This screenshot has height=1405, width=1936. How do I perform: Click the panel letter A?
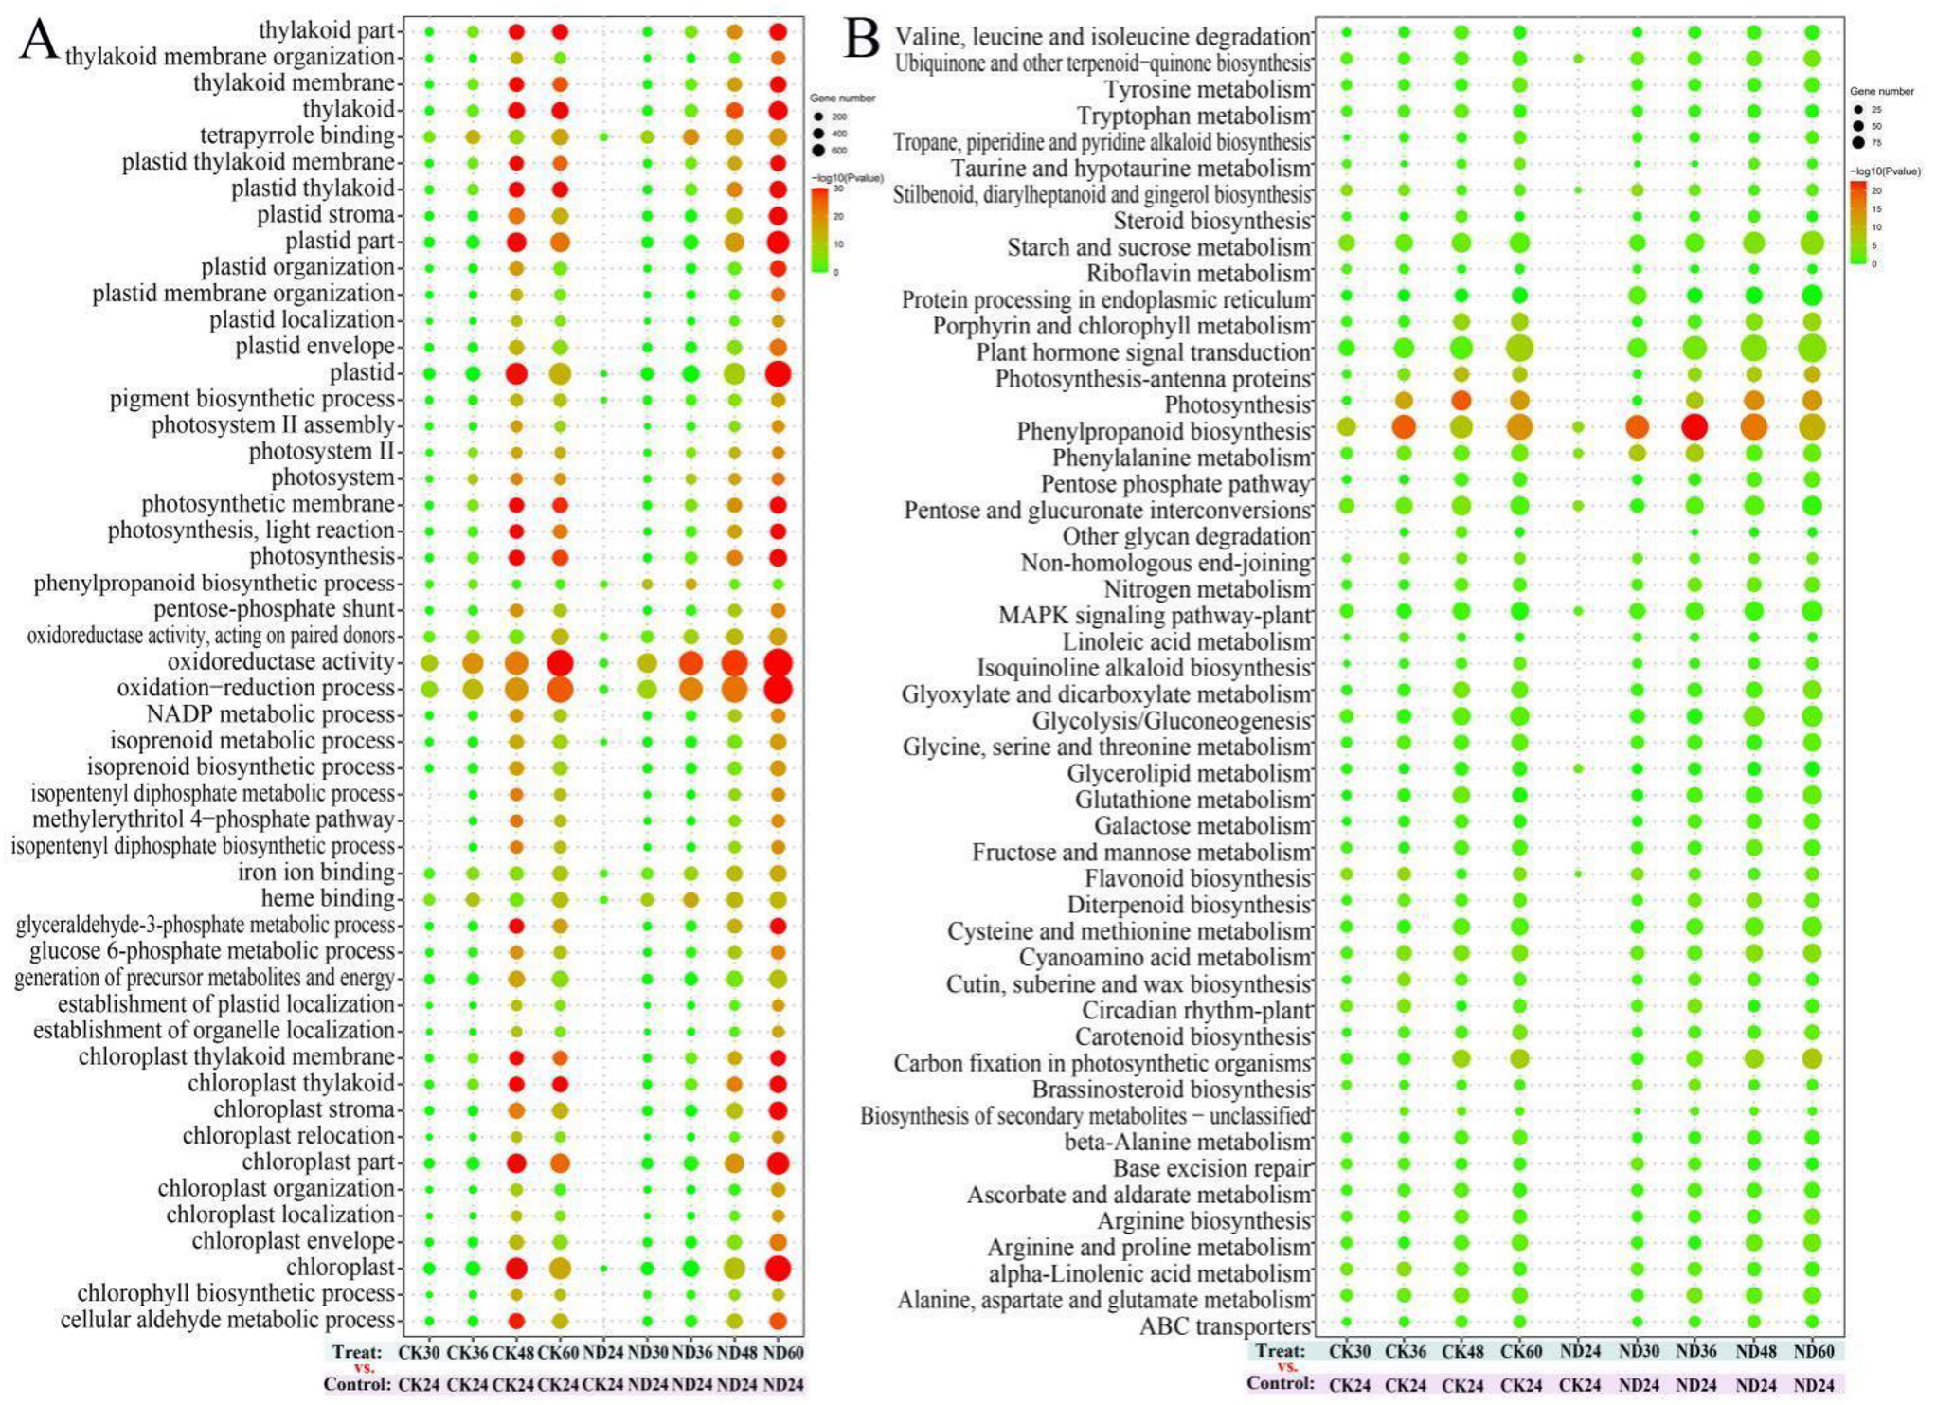tap(38, 40)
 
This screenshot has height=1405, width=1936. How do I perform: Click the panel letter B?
tap(861, 40)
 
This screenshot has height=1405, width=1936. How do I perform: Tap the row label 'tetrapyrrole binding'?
tap(296, 136)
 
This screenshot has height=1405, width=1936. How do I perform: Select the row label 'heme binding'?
tap(328, 898)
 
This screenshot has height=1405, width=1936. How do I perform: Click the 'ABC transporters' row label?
tap(1225, 1326)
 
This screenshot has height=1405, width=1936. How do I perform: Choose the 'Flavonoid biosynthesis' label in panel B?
tap(1198, 879)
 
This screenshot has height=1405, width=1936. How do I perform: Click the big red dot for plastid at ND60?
tap(778, 373)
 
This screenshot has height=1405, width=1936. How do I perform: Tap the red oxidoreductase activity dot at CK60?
tap(559, 662)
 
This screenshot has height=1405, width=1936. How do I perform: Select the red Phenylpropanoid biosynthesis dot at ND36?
tap(1694, 427)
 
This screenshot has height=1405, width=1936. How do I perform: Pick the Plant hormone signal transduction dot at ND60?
tap(1812, 349)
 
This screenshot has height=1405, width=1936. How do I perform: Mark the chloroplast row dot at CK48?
tap(516, 1269)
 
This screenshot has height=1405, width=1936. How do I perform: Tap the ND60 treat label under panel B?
tap(1814, 1352)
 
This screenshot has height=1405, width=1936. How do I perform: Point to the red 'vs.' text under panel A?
tap(365, 1368)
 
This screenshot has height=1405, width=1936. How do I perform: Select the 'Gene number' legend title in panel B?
tap(1881, 91)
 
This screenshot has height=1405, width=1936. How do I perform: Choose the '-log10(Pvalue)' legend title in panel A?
tap(847, 178)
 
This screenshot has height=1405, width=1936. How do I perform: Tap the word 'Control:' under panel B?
tap(1281, 1384)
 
